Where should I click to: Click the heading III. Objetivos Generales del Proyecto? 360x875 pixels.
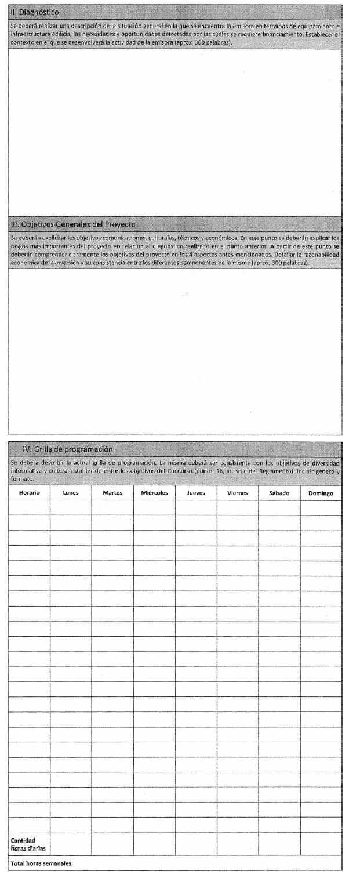73,224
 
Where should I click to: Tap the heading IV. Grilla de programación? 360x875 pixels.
67,449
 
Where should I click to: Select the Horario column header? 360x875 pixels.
29,493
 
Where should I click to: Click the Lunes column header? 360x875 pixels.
71,493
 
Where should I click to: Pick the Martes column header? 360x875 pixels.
112,493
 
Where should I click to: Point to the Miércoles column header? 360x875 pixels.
154,493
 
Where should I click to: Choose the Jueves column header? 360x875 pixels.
196,493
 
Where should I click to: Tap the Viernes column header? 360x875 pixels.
238,493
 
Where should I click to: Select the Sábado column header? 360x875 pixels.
279,493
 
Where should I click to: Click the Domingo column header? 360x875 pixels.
321,493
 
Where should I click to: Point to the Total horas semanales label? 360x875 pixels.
42,863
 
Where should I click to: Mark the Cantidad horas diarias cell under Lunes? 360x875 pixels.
71,844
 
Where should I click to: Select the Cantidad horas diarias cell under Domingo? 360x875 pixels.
321,844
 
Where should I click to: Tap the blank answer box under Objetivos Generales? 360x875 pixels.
175,351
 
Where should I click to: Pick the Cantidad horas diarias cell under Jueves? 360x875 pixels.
196,844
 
